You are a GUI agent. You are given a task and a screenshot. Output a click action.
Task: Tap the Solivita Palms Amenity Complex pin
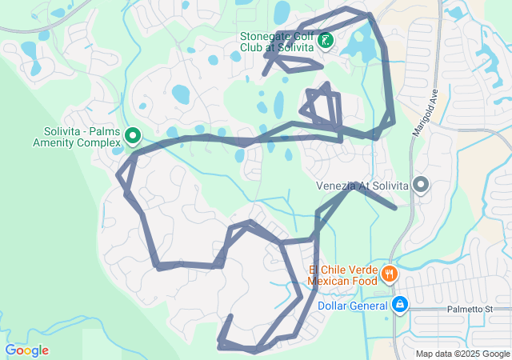click(134, 137)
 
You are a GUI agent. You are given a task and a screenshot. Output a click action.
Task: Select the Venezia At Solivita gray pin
click(421, 186)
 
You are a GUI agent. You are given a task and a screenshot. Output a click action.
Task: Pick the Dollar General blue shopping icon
click(400, 305)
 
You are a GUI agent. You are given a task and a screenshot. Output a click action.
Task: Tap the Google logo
click(26, 350)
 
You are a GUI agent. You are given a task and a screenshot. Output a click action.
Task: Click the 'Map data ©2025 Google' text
click(462, 354)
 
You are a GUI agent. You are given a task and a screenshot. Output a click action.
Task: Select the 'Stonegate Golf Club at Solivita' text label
click(278, 42)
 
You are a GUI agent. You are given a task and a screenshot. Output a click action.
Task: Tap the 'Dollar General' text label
click(353, 305)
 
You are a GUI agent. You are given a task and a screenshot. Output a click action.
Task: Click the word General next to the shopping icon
click(369, 305)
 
